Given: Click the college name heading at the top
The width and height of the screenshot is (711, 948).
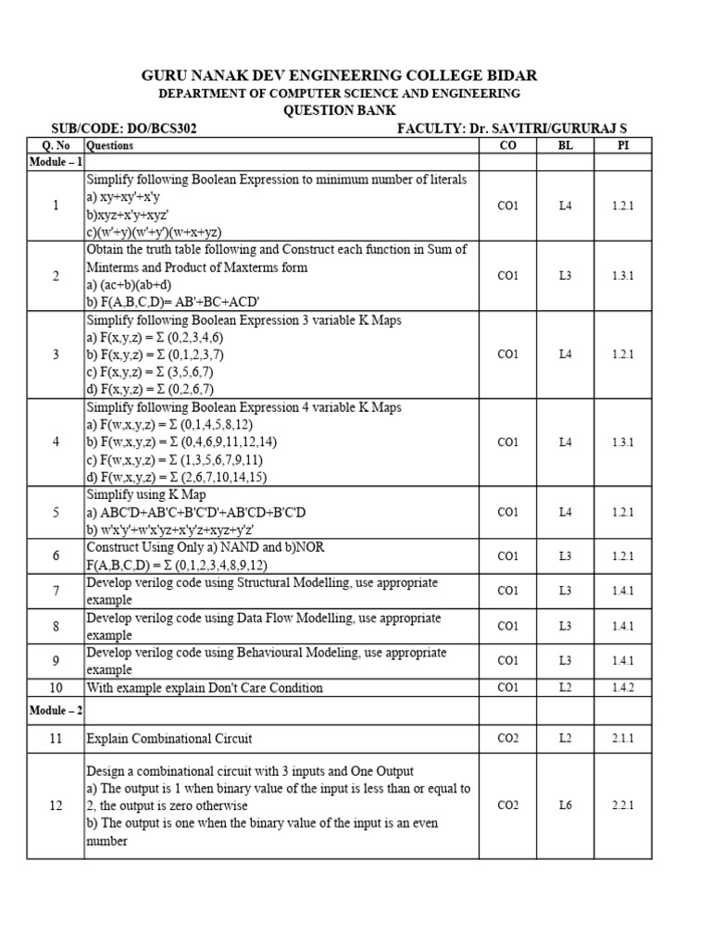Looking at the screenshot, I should pyautogui.click(x=338, y=75).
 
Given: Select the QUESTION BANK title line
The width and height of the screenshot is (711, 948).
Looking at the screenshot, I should pyautogui.click(x=338, y=110).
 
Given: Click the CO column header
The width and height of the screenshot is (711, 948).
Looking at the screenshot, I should pyautogui.click(x=507, y=145).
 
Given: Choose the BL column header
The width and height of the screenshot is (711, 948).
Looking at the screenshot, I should pyautogui.click(x=566, y=145).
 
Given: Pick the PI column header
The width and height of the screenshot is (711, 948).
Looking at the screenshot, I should pyautogui.click(x=623, y=145).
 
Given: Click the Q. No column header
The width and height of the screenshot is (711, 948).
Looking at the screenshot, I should pyautogui.click(x=56, y=145).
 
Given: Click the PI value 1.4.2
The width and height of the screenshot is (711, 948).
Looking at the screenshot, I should pyautogui.click(x=623, y=688).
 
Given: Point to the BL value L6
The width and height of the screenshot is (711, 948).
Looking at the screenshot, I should pyautogui.click(x=566, y=805).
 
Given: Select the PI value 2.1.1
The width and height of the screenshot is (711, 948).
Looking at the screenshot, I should pyautogui.click(x=623, y=738).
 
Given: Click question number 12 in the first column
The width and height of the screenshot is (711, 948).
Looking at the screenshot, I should pyautogui.click(x=56, y=805).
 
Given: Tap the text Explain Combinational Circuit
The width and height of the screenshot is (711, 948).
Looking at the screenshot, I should pyautogui.click(x=169, y=738).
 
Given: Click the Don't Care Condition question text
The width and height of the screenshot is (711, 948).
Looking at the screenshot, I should pyautogui.click(x=205, y=688).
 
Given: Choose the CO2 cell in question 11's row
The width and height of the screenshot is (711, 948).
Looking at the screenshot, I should pyautogui.click(x=507, y=738).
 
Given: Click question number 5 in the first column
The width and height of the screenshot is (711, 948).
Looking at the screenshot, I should pyautogui.click(x=56, y=512).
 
